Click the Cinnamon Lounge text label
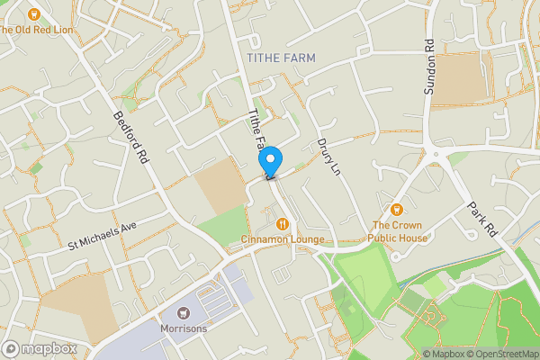pos(283,238)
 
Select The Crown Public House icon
pos(397,209)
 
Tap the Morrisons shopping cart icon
pos(184,312)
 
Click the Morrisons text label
pos(184,328)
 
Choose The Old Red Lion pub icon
pos(34,14)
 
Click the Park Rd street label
pos(482,219)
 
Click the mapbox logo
pos(40,348)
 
